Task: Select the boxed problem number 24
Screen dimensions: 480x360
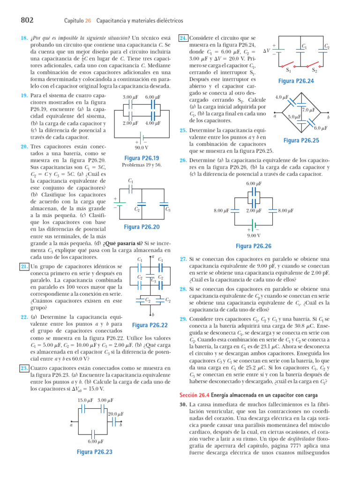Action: click(184, 37)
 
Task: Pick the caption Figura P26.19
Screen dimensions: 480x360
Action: click(141, 158)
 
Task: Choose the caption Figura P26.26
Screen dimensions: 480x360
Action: click(254, 246)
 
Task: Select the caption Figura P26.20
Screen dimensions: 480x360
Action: click(142, 227)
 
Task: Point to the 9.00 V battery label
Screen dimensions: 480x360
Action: click(254, 235)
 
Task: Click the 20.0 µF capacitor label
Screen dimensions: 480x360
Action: click(115, 414)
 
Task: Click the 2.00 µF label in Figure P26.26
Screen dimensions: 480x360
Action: click(254, 211)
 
